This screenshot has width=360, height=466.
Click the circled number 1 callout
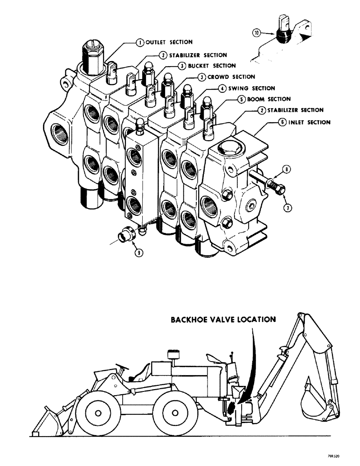click(139, 42)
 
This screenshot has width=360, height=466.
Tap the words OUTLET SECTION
click(169, 42)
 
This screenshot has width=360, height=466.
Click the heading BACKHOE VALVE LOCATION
click(223, 320)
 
